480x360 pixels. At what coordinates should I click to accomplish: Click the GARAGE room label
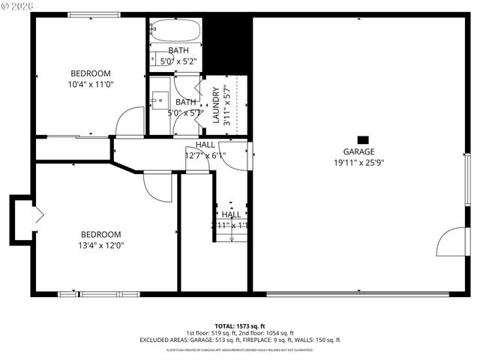tap(358, 151)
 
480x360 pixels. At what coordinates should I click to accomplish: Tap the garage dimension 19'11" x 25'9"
tap(358, 162)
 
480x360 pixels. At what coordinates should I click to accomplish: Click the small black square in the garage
tap(363, 139)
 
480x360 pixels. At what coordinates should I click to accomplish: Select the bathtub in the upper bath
tap(175, 31)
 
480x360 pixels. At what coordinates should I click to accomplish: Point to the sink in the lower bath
tap(160, 99)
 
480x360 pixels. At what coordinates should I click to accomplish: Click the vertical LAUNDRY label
tap(216, 105)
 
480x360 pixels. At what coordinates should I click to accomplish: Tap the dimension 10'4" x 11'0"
tap(90, 84)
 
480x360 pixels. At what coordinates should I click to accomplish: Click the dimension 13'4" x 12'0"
tap(102, 244)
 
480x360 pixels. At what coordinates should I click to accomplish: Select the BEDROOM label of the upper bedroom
tap(90, 73)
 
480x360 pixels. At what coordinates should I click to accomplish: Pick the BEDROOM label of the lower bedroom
tap(101, 234)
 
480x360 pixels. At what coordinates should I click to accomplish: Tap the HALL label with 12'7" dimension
tap(205, 145)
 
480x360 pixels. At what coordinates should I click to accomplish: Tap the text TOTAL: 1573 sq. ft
tap(239, 326)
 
